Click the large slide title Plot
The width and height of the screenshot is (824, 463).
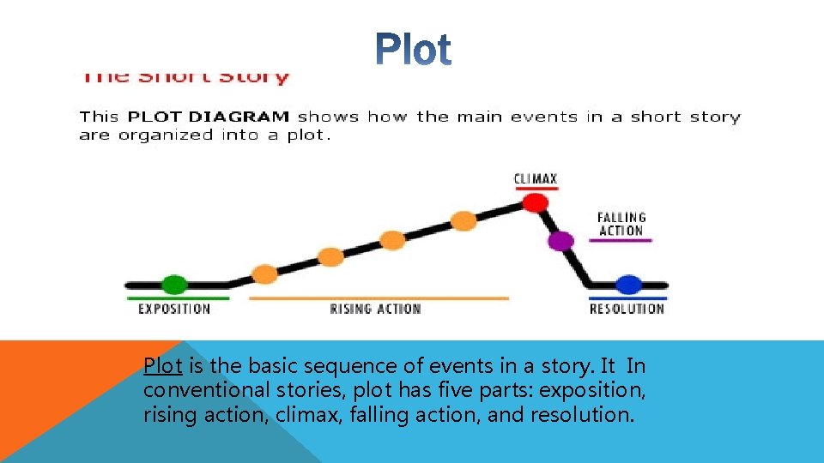pyautogui.click(x=414, y=51)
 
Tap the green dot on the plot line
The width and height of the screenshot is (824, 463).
pyautogui.click(x=174, y=284)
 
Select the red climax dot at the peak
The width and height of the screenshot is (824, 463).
pyautogui.click(x=535, y=202)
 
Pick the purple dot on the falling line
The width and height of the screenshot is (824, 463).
pyautogui.click(x=560, y=241)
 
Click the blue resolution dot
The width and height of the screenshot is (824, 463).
pyautogui.click(x=628, y=284)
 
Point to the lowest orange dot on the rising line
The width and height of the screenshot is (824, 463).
pyautogui.click(x=265, y=274)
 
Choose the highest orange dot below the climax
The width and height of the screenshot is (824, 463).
pyautogui.click(x=463, y=220)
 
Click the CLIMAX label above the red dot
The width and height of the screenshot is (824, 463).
pyautogui.click(x=535, y=179)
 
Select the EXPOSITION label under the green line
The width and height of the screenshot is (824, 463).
pyautogui.click(x=174, y=309)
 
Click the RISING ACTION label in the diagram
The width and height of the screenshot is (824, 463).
pyautogui.click(x=375, y=309)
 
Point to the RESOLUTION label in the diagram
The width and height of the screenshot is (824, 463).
pyautogui.click(x=627, y=309)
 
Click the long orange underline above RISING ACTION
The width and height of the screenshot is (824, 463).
pyautogui.click(x=378, y=298)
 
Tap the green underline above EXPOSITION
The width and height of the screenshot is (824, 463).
pyautogui.click(x=178, y=298)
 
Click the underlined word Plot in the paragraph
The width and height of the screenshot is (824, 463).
pyautogui.click(x=162, y=366)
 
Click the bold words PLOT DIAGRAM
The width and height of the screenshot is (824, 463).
pyautogui.click(x=209, y=117)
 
